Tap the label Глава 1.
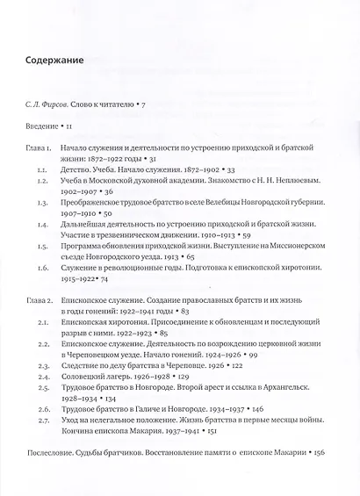[x=40, y=150]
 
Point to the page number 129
[x=161, y=395]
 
